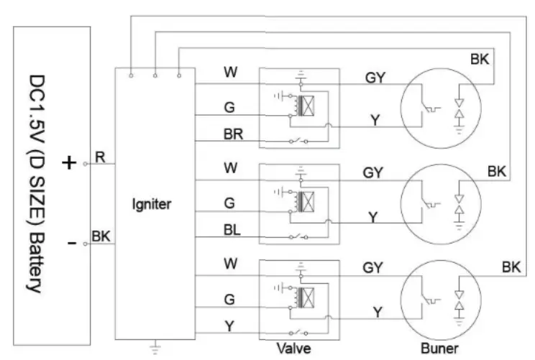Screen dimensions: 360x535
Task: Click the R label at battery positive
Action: pos(101,157)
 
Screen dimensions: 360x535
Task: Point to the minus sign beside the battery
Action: pos(71,244)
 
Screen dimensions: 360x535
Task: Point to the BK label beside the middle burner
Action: pos(497,172)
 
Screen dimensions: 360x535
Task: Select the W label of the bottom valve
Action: pos(229,264)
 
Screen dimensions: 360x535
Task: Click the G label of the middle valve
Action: pos(229,203)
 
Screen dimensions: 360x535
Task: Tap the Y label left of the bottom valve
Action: pos(229,325)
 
